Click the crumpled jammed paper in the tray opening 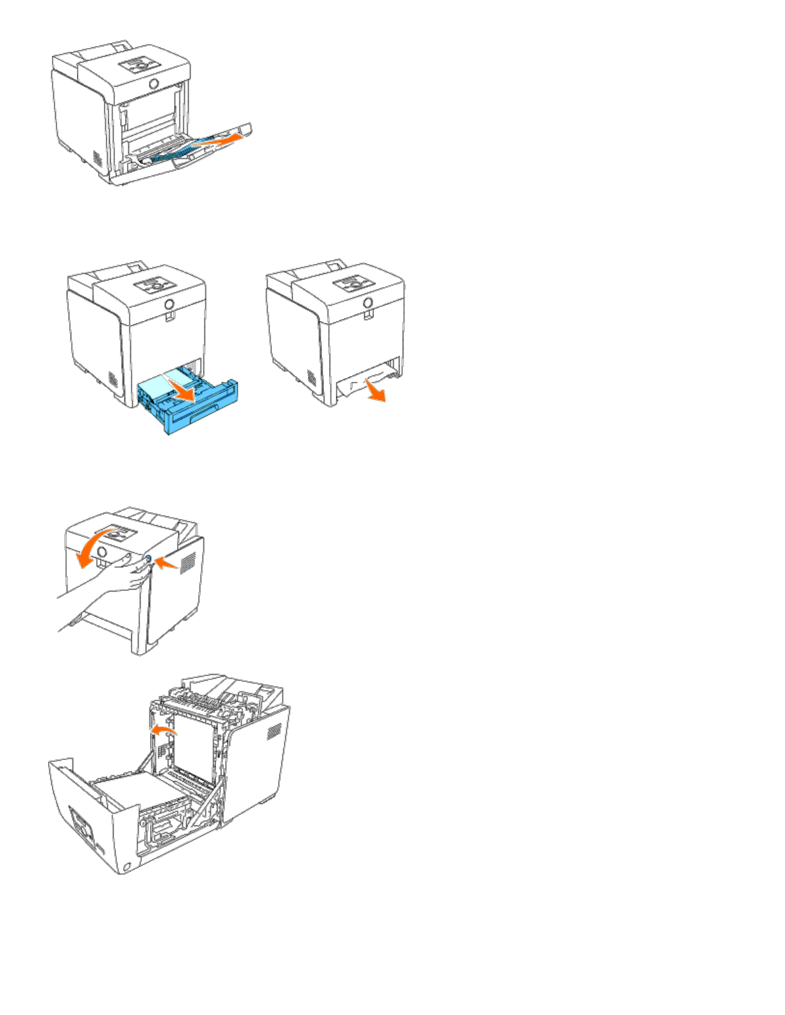pos(359,384)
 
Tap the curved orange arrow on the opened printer pos(163,730)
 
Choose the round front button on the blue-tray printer pos(169,303)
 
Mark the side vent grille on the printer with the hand pos(188,563)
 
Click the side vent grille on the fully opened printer pos(274,731)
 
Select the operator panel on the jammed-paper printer pos(352,284)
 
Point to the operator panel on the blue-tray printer pos(154,284)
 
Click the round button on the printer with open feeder pos(154,84)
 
